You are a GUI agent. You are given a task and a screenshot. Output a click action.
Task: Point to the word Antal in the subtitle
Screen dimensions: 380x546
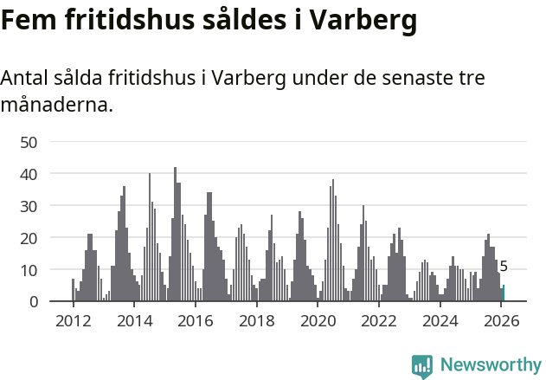pyautogui.click(x=27, y=78)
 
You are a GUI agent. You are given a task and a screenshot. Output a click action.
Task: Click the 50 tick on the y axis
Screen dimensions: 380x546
pyautogui.click(x=29, y=142)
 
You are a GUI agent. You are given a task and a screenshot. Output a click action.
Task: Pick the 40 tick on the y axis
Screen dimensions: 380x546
pyautogui.click(x=29, y=174)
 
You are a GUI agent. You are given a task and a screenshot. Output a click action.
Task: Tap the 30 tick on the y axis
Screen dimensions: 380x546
pyautogui.click(x=29, y=206)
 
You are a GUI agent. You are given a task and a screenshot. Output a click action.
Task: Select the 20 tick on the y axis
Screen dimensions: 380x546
pyautogui.click(x=29, y=238)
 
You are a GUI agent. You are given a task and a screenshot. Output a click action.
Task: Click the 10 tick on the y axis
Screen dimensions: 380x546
pyautogui.click(x=29, y=270)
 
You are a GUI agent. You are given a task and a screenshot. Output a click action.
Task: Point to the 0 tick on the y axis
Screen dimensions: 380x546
pyautogui.click(x=33, y=302)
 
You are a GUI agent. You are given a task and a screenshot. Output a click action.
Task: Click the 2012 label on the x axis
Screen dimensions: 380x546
pyautogui.click(x=73, y=321)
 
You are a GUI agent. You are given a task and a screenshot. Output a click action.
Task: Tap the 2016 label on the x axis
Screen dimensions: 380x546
pyautogui.click(x=196, y=321)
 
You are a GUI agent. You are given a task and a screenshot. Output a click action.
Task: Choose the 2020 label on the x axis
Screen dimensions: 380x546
pyautogui.click(x=318, y=321)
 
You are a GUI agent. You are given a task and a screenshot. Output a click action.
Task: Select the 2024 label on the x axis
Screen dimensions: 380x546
pyautogui.click(x=441, y=321)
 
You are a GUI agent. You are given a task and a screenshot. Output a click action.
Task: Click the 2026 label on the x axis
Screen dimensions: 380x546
pyautogui.click(x=502, y=321)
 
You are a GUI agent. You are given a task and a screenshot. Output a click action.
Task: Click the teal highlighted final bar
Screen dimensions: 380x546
pyautogui.click(x=503, y=293)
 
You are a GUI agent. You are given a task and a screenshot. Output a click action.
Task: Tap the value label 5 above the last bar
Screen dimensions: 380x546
pyautogui.click(x=504, y=267)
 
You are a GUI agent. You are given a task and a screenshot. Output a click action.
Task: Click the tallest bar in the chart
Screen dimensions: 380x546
pyautogui.click(x=175, y=235)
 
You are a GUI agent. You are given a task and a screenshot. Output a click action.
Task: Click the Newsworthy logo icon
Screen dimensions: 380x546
pyautogui.click(x=422, y=366)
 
